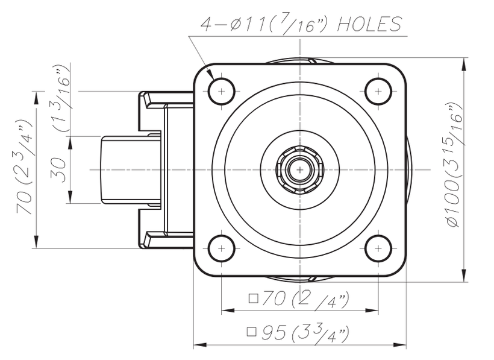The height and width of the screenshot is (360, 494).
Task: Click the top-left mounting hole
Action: [x=221, y=91]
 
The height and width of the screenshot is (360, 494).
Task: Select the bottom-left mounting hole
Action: [x=221, y=248]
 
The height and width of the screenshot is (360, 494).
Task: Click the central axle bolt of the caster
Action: [x=299, y=169]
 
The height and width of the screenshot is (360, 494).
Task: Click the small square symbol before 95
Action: [x=252, y=331]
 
